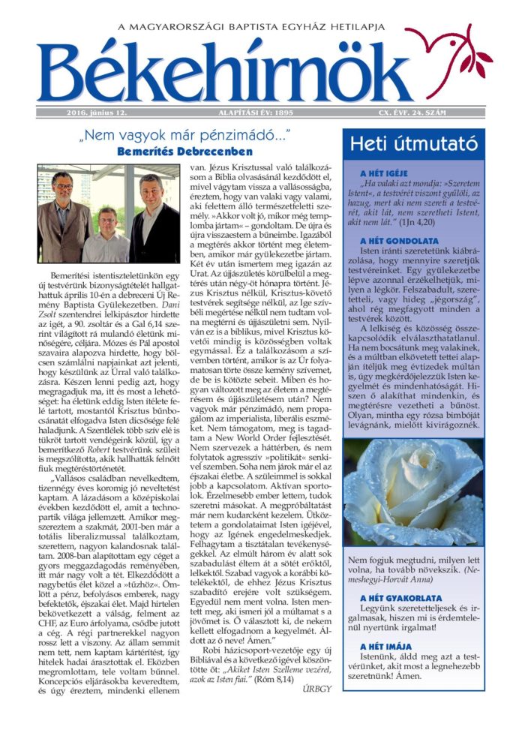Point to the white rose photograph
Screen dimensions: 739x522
tap(413, 492)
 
